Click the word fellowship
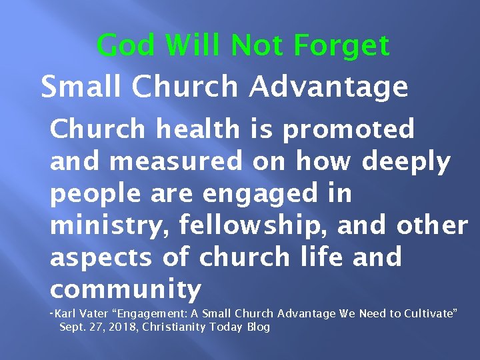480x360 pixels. click(255, 227)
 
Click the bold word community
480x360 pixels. click(125, 290)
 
